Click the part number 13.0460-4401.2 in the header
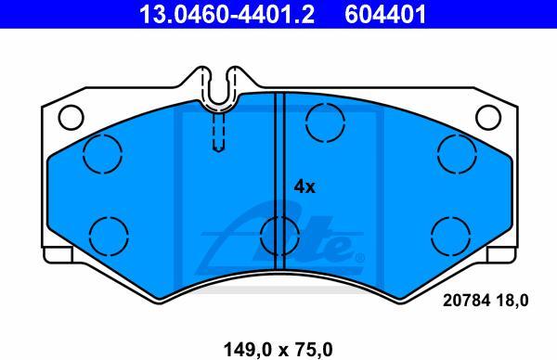pyautogui.click(x=227, y=14)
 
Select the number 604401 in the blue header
pyautogui.click(x=385, y=14)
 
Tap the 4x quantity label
pyautogui.click(x=304, y=186)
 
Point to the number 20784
pyautogui.click(x=466, y=301)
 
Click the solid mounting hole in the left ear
pyautogui.click(x=71, y=117)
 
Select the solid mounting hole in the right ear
pyautogui.click(x=488, y=118)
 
